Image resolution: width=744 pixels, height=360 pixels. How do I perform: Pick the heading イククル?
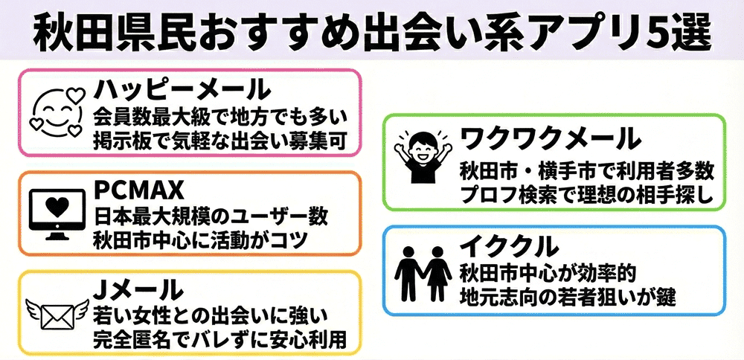(509, 245)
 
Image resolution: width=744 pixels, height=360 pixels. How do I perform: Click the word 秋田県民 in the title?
(94, 31)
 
